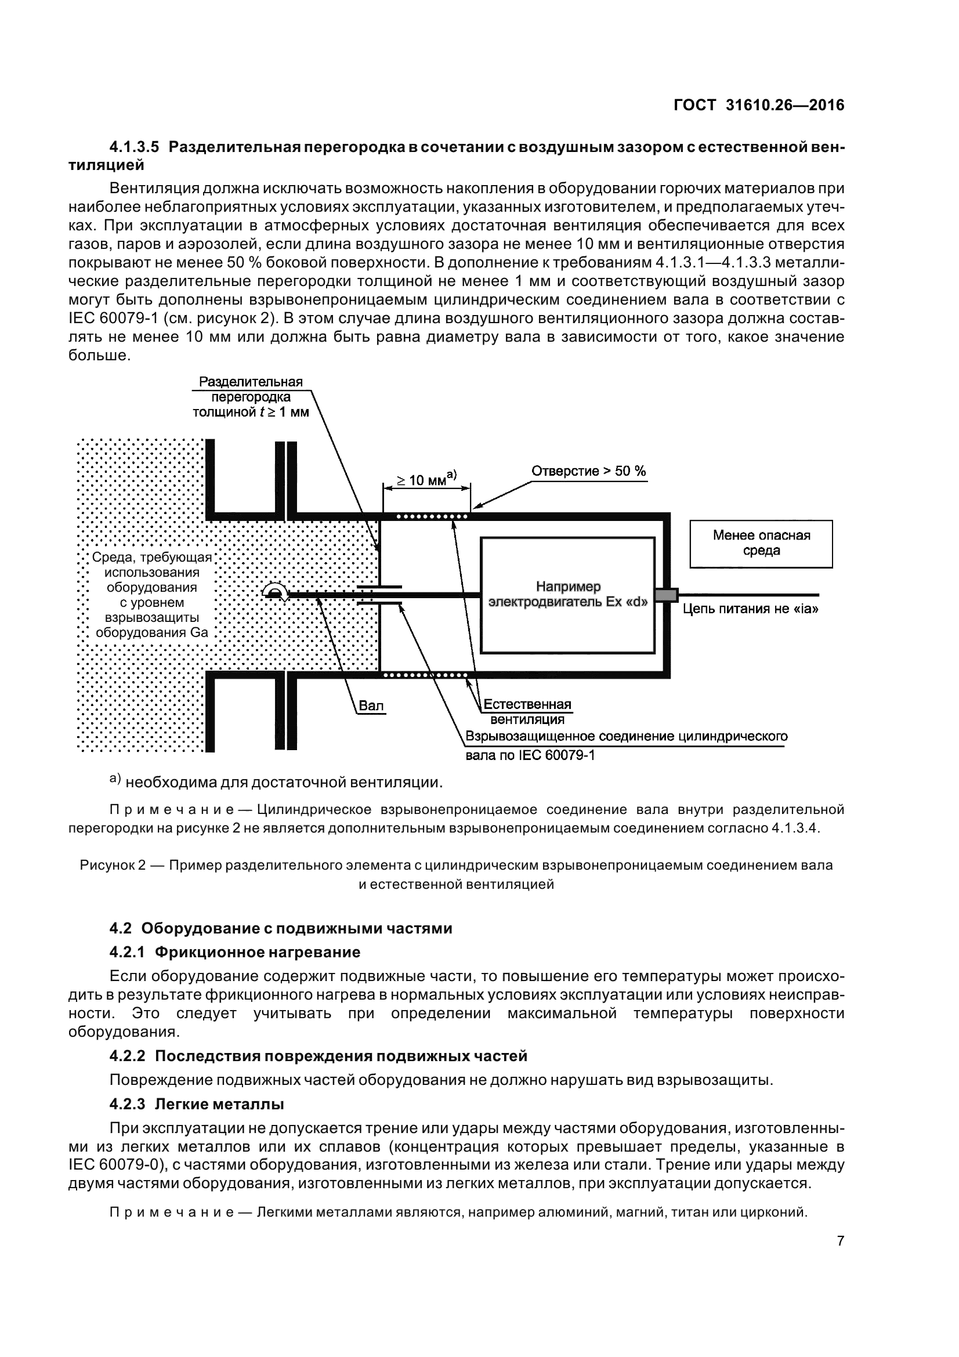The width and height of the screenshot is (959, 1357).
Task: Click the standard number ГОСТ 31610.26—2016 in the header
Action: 759,106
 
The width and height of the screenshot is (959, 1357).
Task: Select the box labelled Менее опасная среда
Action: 761,544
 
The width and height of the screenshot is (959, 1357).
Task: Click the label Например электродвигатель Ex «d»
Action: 568,595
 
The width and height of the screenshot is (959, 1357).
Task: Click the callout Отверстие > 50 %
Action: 588,471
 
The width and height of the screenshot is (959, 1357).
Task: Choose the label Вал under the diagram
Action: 371,705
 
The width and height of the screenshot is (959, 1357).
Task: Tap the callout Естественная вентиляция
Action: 527,712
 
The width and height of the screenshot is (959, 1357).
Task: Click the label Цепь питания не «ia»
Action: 750,609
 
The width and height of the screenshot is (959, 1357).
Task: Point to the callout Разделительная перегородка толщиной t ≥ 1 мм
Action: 251,397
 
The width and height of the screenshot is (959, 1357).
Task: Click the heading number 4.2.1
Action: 127,952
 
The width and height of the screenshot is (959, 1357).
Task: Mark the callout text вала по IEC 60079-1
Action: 530,755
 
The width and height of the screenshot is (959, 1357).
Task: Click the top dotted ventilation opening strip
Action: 432,517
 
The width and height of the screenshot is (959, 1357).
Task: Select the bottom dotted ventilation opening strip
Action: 425,674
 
